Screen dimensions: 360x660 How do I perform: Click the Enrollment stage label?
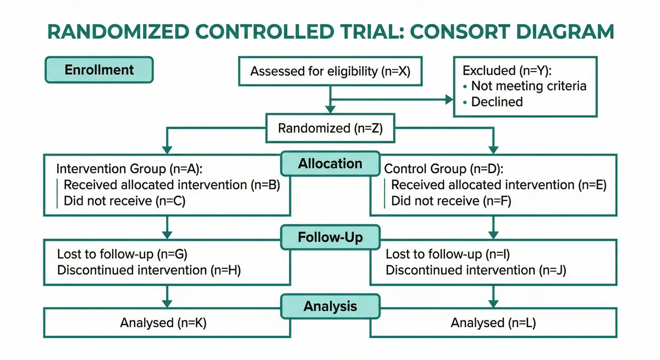point(99,70)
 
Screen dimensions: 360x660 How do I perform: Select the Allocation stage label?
point(330,164)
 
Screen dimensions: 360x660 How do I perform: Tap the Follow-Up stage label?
point(330,238)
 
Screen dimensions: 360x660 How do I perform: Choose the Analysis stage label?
point(330,306)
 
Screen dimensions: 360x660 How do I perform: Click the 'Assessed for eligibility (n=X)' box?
point(330,71)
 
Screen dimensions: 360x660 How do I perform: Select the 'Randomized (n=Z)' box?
point(330,129)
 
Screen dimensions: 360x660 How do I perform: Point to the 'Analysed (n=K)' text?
point(163,323)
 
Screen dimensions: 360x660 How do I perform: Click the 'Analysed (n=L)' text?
point(493,323)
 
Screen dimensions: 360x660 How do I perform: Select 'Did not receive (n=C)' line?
point(124,201)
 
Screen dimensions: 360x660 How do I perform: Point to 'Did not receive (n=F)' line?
point(451,201)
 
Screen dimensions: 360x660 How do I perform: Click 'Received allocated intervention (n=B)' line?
point(172,185)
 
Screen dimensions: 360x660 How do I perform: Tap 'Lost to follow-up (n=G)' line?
point(124,254)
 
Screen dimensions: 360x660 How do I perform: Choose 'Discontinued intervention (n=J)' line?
point(476,270)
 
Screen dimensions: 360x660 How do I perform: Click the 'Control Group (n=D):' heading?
point(443,169)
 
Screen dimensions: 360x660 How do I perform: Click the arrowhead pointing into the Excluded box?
point(448,99)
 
